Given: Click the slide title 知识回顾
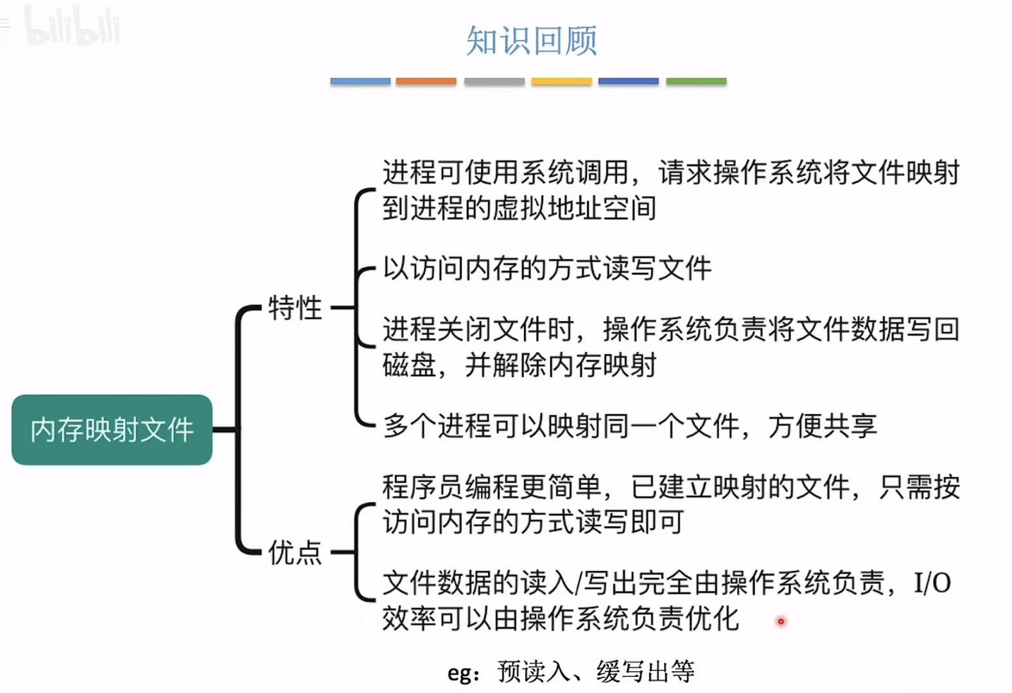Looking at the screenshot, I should pyautogui.click(x=532, y=40).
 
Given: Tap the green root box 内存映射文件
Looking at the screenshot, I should pyautogui.click(x=112, y=430).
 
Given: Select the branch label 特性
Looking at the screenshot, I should pyautogui.click(x=295, y=308).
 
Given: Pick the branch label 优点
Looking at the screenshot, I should pyautogui.click(x=295, y=552).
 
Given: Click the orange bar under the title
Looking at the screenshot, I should pyautogui.click(x=426, y=82).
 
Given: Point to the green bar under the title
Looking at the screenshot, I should pyautogui.click(x=696, y=82).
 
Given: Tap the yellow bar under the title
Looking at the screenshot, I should pyautogui.click(x=561, y=82).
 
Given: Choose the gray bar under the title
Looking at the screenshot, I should pyautogui.click(x=494, y=82).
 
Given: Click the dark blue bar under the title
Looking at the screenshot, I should pyautogui.click(x=628, y=82).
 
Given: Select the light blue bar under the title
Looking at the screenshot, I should pyautogui.click(x=360, y=82).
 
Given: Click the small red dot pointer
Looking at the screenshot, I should pyautogui.click(x=781, y=621).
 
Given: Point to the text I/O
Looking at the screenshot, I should pyautogui.click(x=932, y=583).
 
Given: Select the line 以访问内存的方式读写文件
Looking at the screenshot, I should pyautogui.click(x=547, y=268).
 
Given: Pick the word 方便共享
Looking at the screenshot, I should pyautogui.click(x=822, y=426).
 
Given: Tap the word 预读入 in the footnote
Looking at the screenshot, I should pyautogui.click(x=533, y=672).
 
